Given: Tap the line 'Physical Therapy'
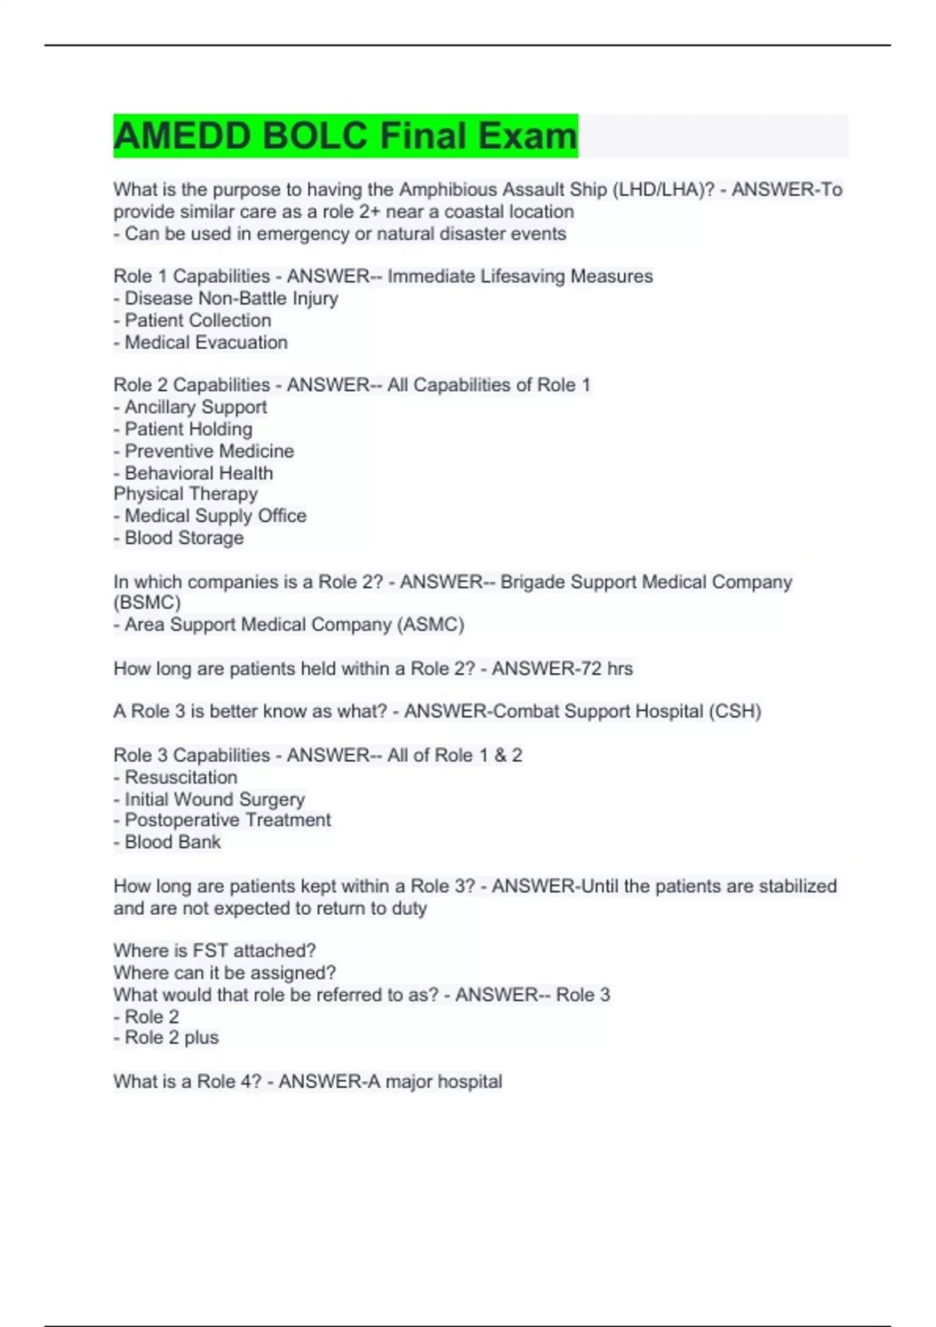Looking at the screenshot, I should coord(186,494).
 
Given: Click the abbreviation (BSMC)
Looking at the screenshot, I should coord(147,603).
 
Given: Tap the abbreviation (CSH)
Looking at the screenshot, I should coord(735,711).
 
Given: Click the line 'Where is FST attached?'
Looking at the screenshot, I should coord(214,951).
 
